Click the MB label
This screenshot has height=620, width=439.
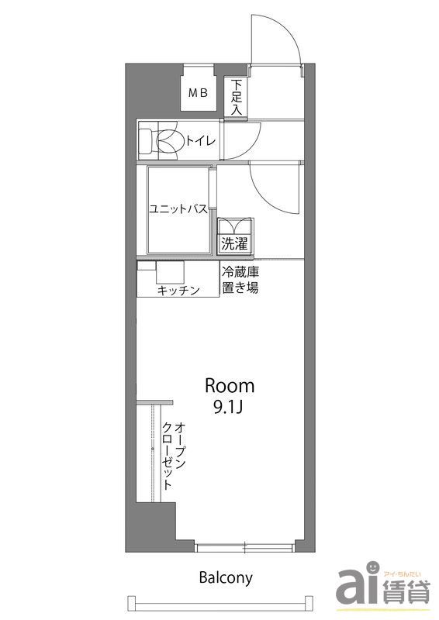(199, 93)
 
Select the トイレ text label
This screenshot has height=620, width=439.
(202, 139)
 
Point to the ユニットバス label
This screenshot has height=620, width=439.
(178, 208)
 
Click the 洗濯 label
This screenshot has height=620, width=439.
(234, 244)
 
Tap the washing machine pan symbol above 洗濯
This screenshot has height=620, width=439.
(234, 226)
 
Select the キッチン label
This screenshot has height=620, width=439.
(178, 290)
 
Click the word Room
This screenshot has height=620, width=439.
(230, 385)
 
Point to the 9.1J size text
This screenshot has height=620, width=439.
(230, 408)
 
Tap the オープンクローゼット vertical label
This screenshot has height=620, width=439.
(174, 455)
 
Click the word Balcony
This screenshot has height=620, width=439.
(226, 577)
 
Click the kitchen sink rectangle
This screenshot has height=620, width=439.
(170, 274)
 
